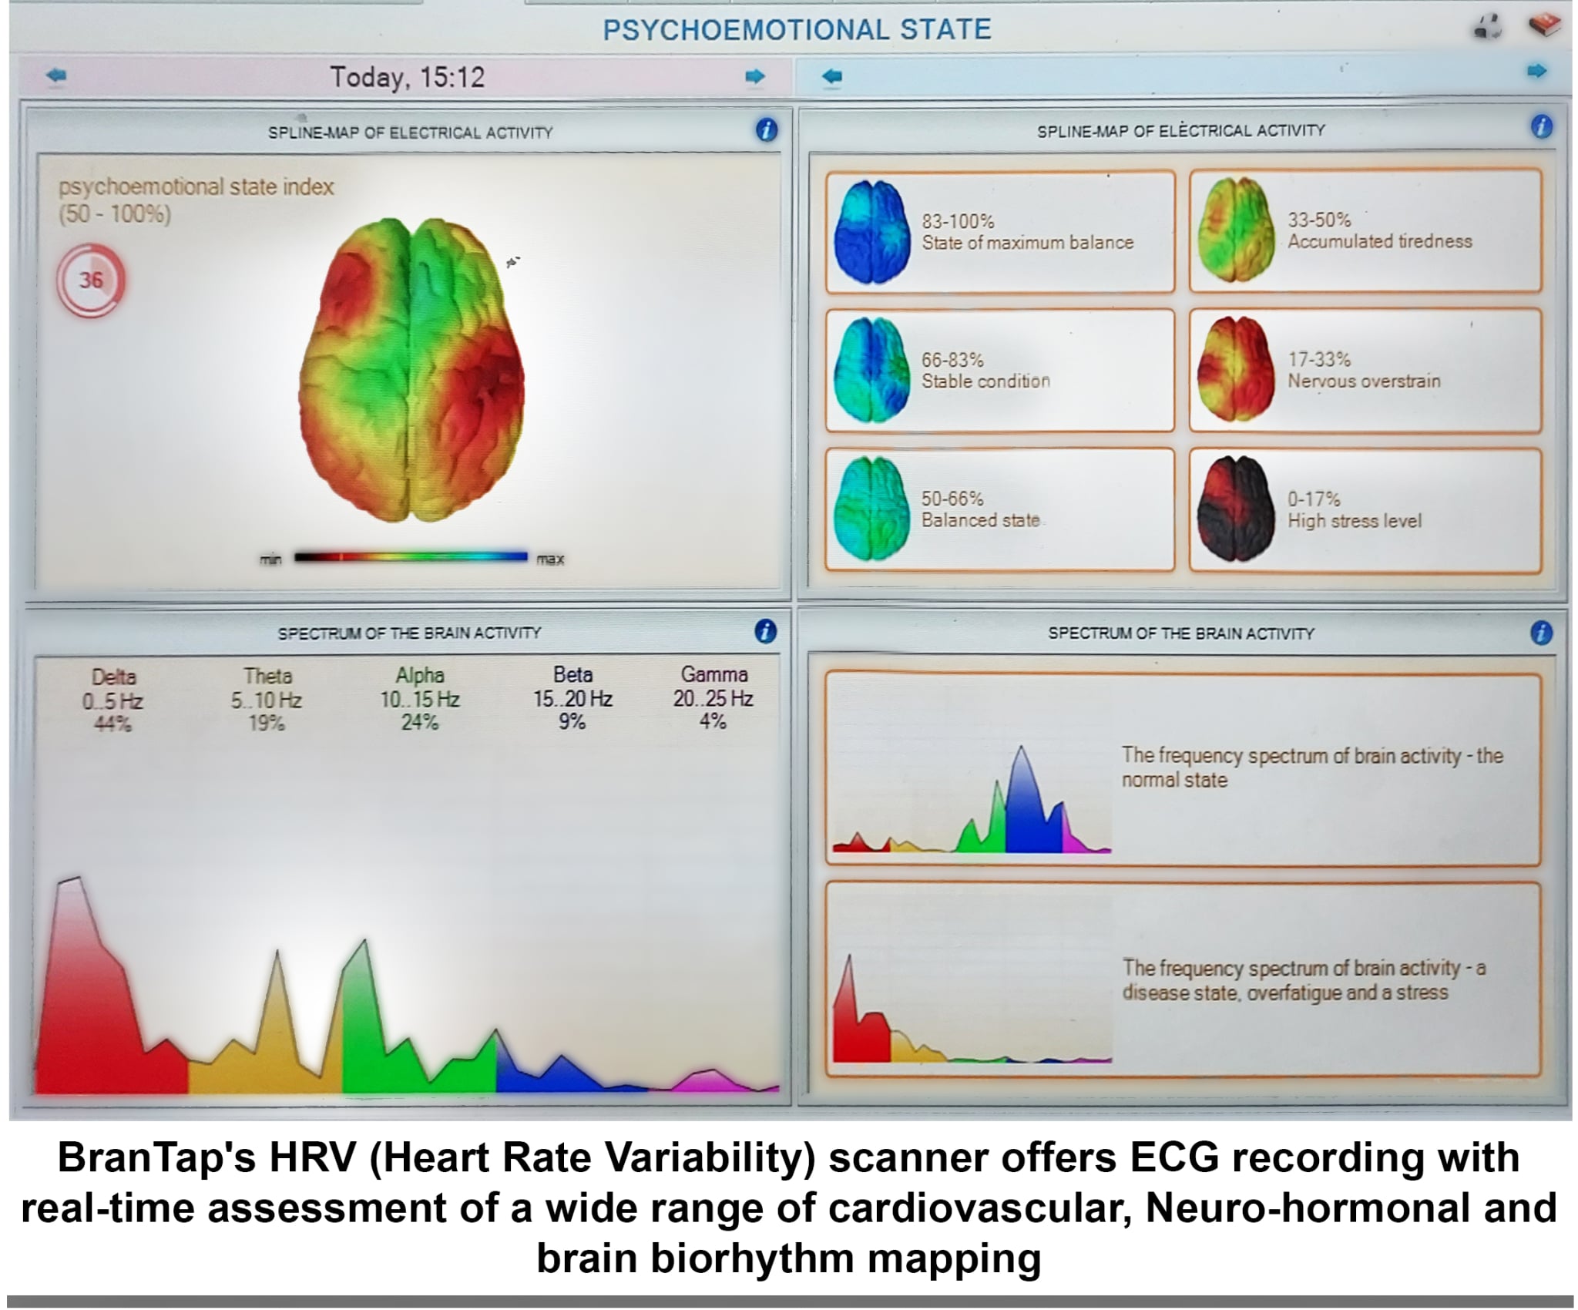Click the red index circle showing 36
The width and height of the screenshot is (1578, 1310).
pos(90,280)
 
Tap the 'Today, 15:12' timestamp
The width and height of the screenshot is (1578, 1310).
pos(407,77)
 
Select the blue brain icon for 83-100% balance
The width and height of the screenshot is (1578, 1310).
pos(872,232)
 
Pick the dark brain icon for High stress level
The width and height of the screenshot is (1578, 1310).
pos(1235,509)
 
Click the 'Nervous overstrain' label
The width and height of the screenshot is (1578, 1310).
pos(1364,381)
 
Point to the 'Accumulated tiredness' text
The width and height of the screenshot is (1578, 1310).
pos(1379,241)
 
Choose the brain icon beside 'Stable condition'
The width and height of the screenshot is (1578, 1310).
pos(872,371)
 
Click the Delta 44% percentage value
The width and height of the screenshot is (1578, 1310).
pos(112,724)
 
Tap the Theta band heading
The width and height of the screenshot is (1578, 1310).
pos(267,676)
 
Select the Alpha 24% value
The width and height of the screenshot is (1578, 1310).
pos(420,722)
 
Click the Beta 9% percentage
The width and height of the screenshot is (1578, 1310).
pos(572,721)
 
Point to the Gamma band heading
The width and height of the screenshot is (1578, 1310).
pos(714,674)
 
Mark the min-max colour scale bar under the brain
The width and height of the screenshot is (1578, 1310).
pos(411,556)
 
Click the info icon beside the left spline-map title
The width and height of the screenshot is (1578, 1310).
pos(766,130)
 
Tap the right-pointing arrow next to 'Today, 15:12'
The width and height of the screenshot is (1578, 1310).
pos(755,76)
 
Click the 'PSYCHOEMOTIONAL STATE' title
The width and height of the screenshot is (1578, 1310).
pos(797,29)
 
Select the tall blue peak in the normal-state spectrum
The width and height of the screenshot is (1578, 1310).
pos(1022,809)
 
